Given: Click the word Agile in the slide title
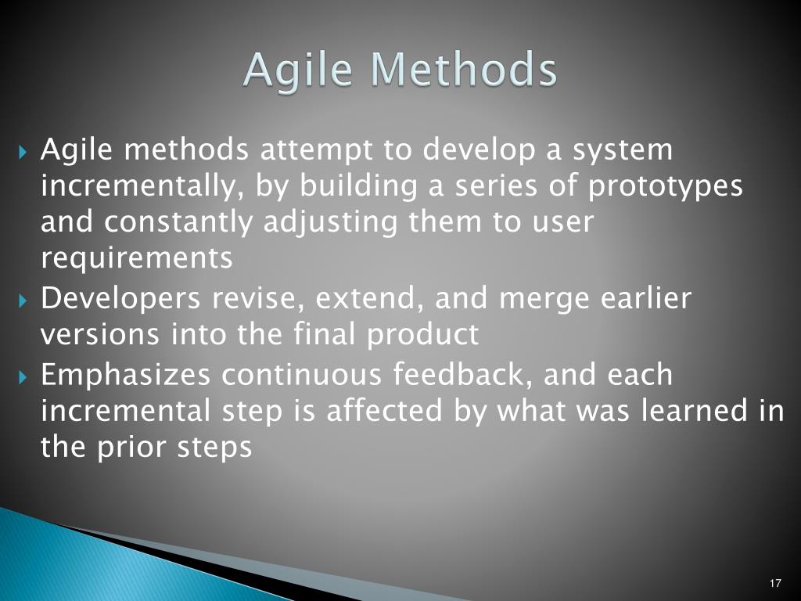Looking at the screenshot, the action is pos(298,70).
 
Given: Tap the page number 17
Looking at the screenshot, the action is pos(775,583).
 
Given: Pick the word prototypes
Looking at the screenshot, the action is pos(665,186).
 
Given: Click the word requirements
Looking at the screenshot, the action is pos(137,258).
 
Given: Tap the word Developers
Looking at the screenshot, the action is pos(120,300).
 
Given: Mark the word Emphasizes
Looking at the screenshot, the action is pos(126,375).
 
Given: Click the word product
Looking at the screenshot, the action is pos(422,335).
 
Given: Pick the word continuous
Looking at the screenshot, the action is pos(301,375).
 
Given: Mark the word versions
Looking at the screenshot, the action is pos(100,336).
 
